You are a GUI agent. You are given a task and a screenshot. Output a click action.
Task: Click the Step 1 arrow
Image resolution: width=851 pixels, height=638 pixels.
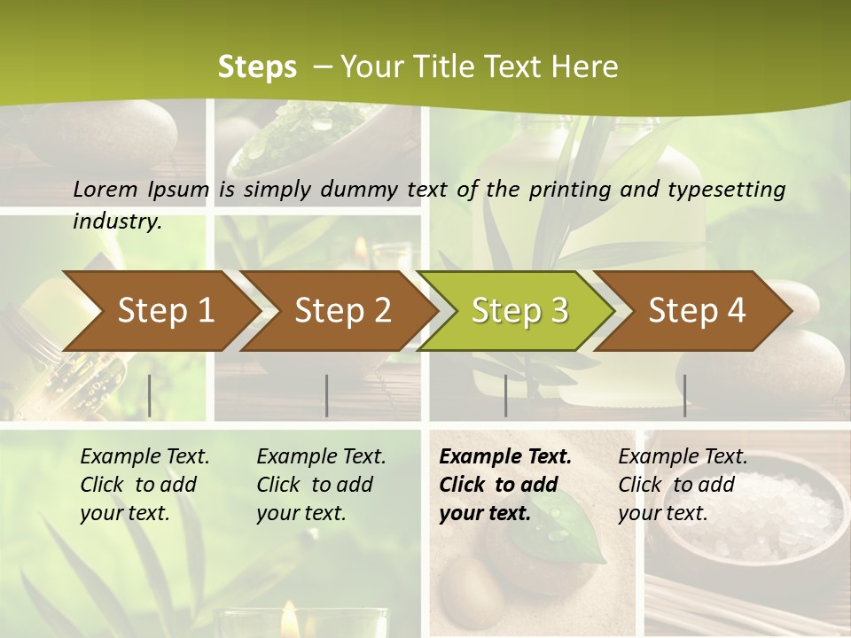pos(165,311)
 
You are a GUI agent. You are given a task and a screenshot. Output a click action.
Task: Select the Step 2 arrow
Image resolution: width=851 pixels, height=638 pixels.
pos(342,311)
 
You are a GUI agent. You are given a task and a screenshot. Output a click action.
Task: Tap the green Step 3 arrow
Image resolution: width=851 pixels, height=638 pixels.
pos(519,311)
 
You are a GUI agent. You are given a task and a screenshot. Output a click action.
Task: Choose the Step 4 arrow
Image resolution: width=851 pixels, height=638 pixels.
pos(697,311)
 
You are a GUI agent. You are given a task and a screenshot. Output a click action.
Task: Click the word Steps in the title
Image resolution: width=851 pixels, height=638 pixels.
pos(257,66)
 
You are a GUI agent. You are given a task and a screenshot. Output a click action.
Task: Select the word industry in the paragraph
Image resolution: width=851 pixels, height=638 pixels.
pos(117,221)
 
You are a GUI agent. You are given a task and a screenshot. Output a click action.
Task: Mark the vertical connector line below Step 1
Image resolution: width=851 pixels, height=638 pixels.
pos(150,395)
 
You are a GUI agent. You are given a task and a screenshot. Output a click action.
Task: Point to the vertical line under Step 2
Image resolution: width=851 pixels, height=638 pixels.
pos(327,395)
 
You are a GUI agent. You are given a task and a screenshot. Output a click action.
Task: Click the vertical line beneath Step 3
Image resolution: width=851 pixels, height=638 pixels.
pos(505,395)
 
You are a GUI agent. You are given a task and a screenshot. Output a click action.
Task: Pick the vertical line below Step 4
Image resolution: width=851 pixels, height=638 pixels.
pos(684,395)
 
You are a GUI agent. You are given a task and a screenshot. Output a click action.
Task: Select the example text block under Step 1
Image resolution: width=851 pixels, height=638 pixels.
pos(144,485)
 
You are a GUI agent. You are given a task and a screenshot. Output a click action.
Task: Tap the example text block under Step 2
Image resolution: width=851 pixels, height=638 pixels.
pos(321,485)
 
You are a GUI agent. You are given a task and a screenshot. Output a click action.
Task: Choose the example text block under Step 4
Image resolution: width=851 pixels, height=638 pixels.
pos(683,485)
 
